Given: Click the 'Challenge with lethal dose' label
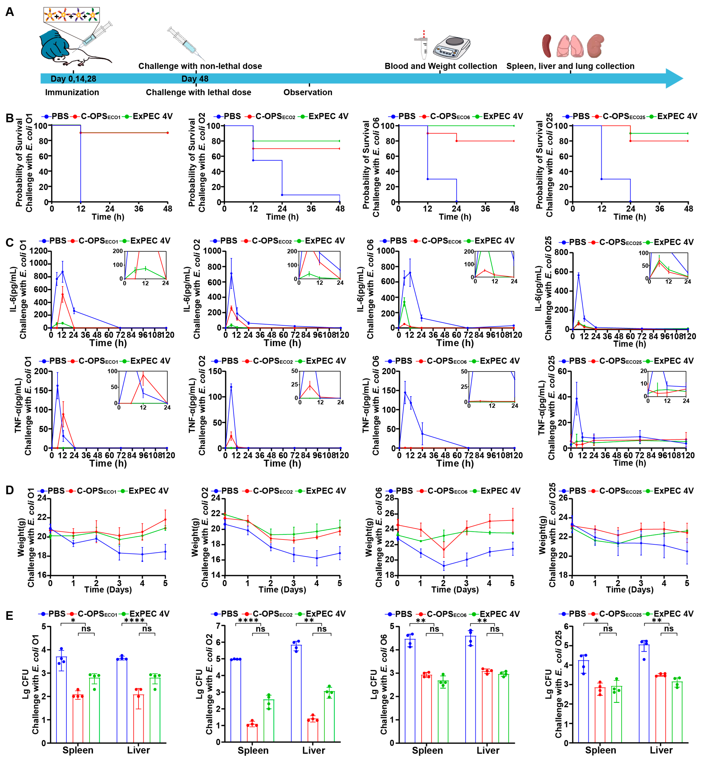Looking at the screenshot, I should click(198, 92).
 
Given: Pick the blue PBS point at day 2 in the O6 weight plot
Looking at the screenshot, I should click(443, 566).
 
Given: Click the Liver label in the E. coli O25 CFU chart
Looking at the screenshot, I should click(661, 750).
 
